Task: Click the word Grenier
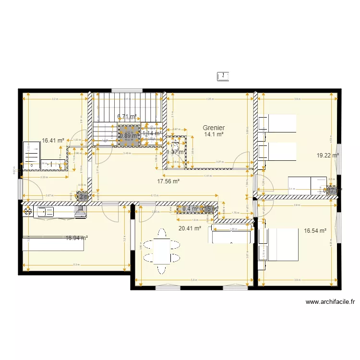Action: (214, 128)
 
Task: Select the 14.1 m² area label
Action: (214, 135)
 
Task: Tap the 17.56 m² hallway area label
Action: (168, 181)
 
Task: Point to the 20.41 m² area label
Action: (189, 228)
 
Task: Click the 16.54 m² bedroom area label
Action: (315, 231)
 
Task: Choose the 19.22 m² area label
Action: (327, 156)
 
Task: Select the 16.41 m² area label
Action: (53, 141)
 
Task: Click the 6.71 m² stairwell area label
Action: (127, 116)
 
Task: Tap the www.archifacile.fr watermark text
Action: (331, 302)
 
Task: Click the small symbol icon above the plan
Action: (223, 75)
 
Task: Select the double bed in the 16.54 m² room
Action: (278, 244)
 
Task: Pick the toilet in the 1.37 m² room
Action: (175, 146)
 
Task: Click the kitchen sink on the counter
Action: (48, 211)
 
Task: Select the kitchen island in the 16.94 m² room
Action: (53, 244)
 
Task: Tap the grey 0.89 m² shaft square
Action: (127, 135)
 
